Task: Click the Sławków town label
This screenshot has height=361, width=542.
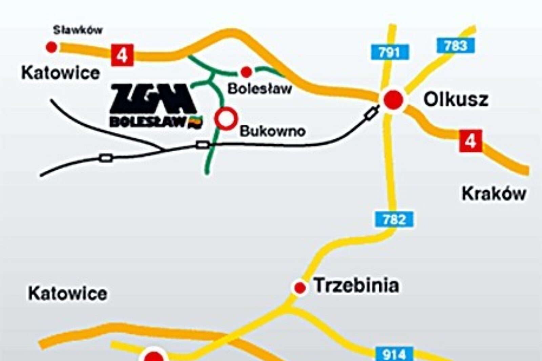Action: pos(78,30)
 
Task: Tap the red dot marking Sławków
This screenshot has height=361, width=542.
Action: pos(51,47)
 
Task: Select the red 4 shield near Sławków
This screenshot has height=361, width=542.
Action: pos(122,55)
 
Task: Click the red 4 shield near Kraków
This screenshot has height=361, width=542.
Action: pos(471,141)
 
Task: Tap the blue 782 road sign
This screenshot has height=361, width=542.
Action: pos(394,219)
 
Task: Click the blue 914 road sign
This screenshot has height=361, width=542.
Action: pos(394,354)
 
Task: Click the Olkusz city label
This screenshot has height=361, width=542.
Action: pos(456,100)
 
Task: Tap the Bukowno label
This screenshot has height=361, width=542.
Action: pos(273,131)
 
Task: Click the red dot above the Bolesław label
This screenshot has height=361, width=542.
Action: pos(246,72)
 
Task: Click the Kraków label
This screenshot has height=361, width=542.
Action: pos(494,194)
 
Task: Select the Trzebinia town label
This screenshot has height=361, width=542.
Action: pos(356,285)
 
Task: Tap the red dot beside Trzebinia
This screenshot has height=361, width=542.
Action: pos(299,288)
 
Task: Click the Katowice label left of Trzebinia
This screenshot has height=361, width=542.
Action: pos(68,293)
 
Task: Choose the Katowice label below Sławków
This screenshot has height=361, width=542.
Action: pos(61,73)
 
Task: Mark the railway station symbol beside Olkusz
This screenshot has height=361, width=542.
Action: pos(371,112)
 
